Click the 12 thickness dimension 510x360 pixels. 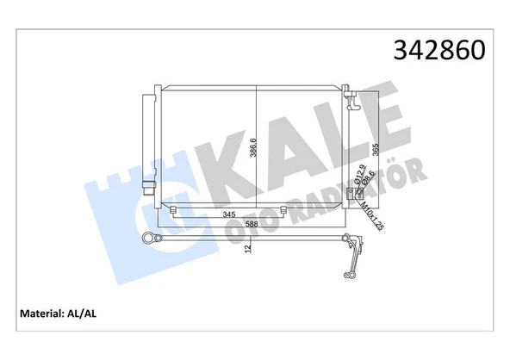click(248, 251)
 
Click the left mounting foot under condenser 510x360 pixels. click(175, 212)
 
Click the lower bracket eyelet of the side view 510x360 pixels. click(348, 275)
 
